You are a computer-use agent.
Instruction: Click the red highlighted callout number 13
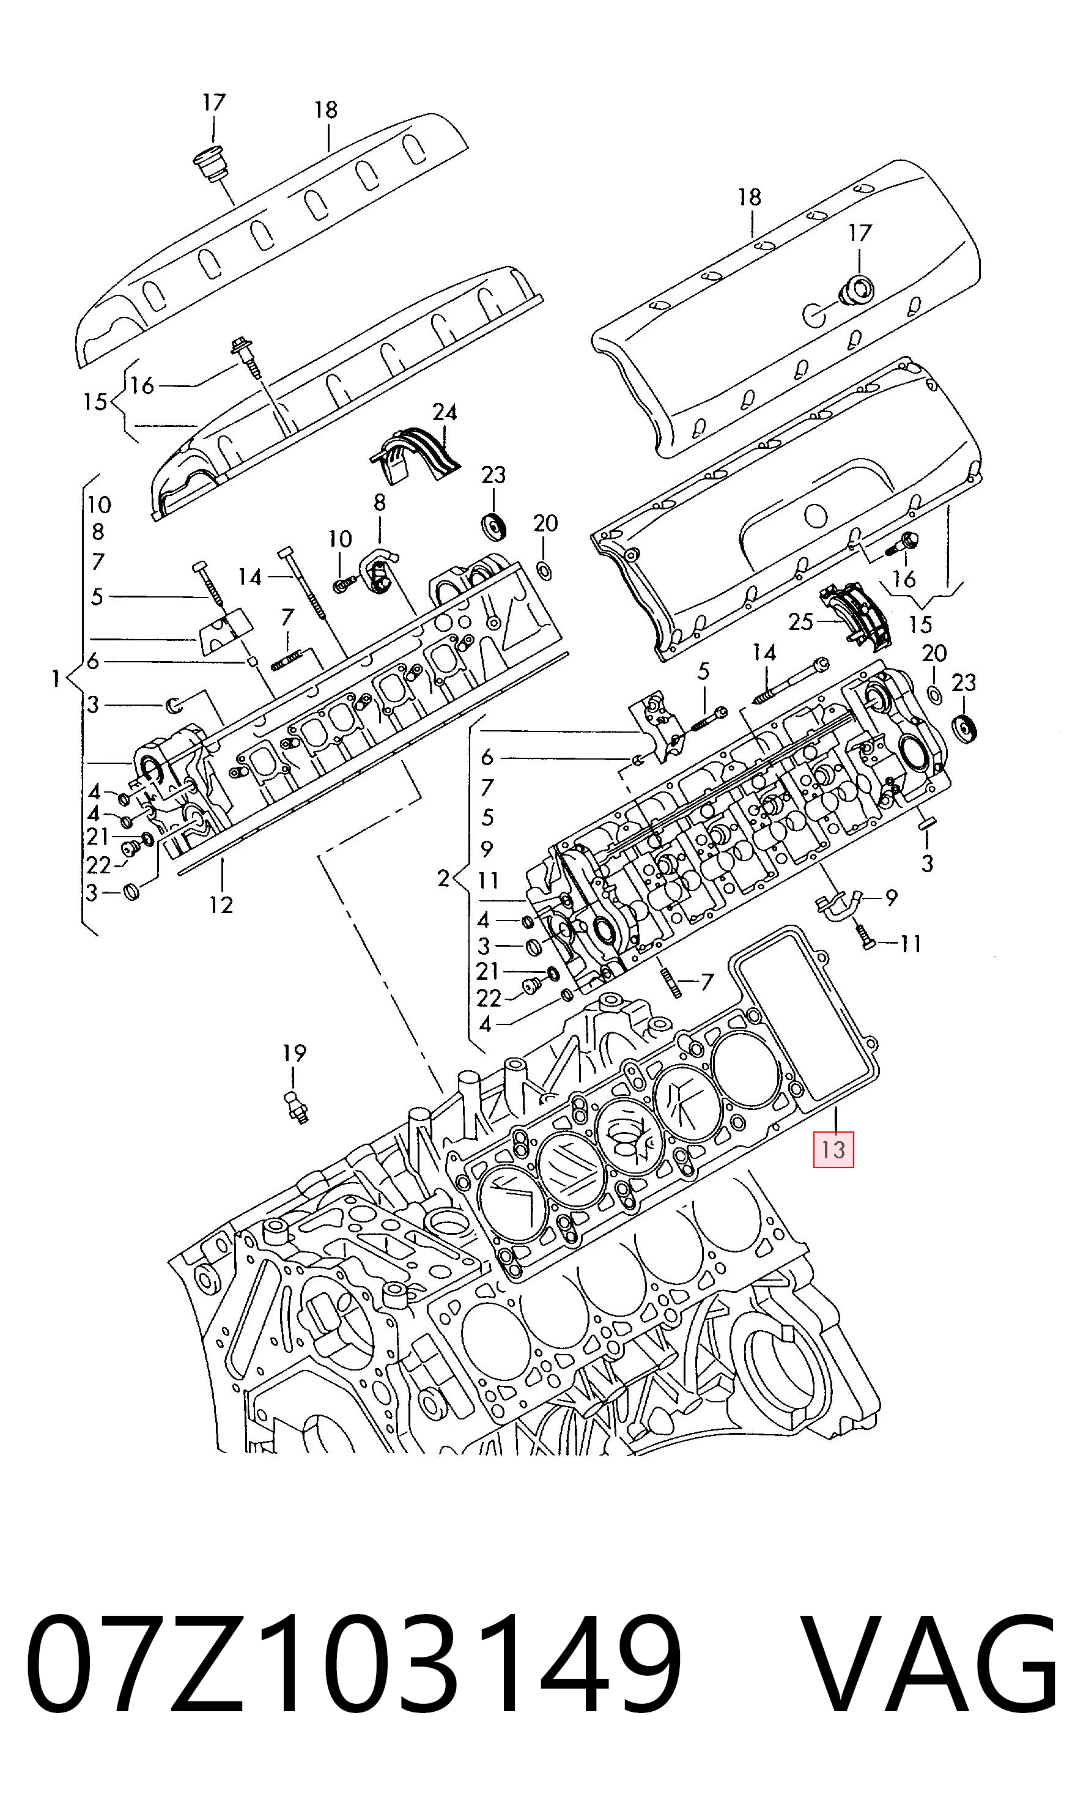point(833,1149)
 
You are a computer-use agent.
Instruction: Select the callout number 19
point(294,1053)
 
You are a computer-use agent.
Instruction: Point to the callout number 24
point(444,413)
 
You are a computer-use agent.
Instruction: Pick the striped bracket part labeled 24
point(414,453)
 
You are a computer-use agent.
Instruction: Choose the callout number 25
point(800,622)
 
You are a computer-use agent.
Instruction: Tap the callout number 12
point(221,905)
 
